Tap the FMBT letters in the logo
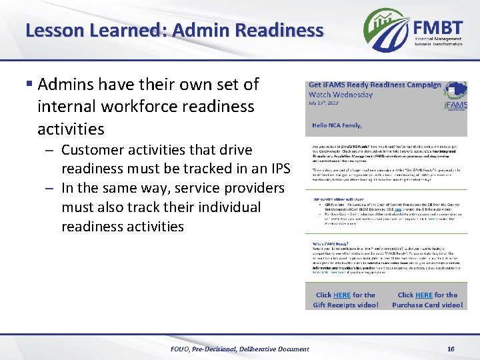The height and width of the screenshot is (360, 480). click(438, 27)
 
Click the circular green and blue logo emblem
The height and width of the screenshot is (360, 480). click(387, 30)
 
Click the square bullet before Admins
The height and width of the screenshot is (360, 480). click(29, 85)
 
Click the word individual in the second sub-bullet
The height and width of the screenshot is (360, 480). click(222, 207)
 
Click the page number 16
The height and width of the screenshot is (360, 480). click(451, 349)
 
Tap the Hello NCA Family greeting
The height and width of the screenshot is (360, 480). click(339, 125)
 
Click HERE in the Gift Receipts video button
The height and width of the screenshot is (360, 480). click(342, 295)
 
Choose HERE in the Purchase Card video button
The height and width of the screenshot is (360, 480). click(424, 295)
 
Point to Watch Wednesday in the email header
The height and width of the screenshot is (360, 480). click(339, 94)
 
